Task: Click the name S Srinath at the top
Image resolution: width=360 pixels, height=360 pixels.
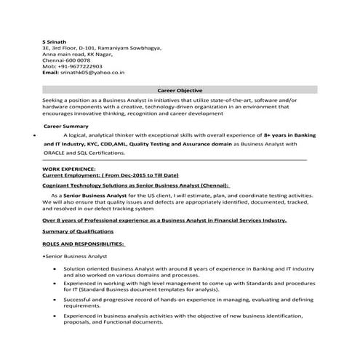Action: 55,41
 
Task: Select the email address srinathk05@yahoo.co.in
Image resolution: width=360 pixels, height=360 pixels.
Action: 94,73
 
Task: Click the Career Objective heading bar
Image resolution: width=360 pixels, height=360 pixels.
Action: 179,89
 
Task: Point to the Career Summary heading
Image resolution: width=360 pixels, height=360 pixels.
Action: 66,126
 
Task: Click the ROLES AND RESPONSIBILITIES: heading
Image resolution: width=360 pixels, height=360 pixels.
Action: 83,244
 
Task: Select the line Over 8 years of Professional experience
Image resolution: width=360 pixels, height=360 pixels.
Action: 164,219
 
